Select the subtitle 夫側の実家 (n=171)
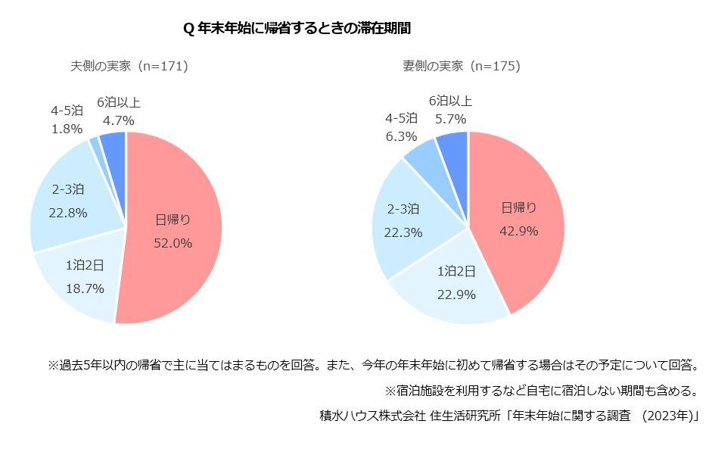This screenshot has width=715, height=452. tap(129, 66)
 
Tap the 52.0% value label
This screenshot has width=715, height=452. tap(173, 243)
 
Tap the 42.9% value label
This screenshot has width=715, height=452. tap(519, 231)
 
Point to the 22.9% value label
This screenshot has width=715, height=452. tap(456, 295)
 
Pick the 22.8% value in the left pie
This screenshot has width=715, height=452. tap(67, 213)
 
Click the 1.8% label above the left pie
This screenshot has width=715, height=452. tap(67, 129)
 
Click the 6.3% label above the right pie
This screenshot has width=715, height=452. tap(401, 136)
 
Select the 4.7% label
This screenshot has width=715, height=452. tap(118, 120)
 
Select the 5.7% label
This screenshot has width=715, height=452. tap(450, 119)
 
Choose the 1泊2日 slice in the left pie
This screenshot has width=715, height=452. tap(79, 280)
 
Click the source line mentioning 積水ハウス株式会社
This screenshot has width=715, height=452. tap(508, 415)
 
